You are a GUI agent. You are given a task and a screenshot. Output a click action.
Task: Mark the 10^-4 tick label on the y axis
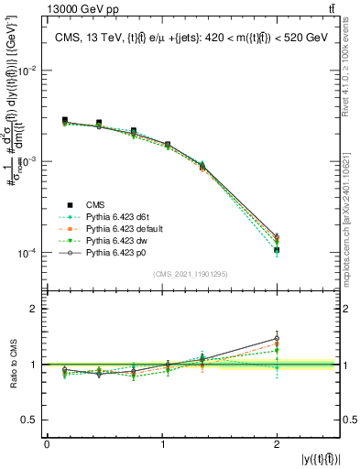click(x=29, y=253)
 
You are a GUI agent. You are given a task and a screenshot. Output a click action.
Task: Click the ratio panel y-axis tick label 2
click(x=38, y=310)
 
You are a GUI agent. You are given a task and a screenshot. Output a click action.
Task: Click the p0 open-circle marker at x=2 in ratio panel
click(x=277, y=339)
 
